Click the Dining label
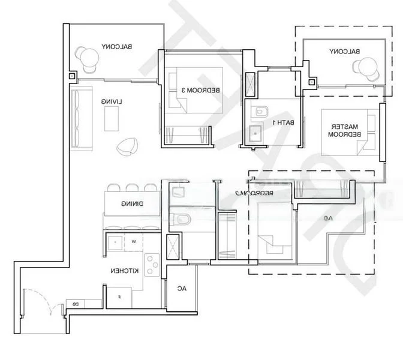[x=131, y=205]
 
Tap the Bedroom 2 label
[x=246, y=193]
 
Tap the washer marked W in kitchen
[x=134, y=241]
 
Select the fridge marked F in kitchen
[x=119, y=296]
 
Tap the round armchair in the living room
[x=127, y=146]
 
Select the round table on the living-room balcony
[x=89, y=57]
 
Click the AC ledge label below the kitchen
[x=181, y=289]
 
